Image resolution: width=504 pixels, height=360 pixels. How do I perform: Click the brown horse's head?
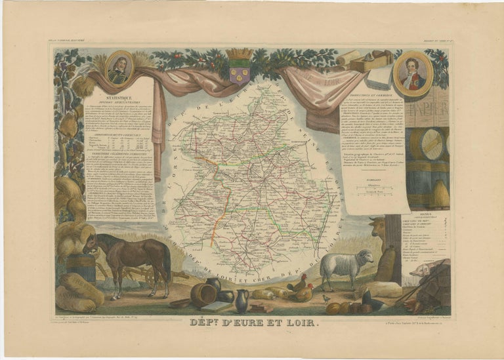90,244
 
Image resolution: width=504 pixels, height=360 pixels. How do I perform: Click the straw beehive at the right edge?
440,194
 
